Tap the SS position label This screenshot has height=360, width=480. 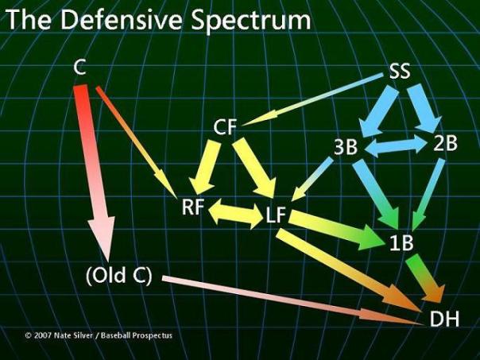(400, 71)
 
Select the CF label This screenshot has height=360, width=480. (226, 127)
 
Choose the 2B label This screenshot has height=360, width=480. (446, 144)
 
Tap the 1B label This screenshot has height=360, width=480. (401, 243)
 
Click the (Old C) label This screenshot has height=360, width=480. (118, 278)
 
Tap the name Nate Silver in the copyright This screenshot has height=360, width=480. (75, 335)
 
